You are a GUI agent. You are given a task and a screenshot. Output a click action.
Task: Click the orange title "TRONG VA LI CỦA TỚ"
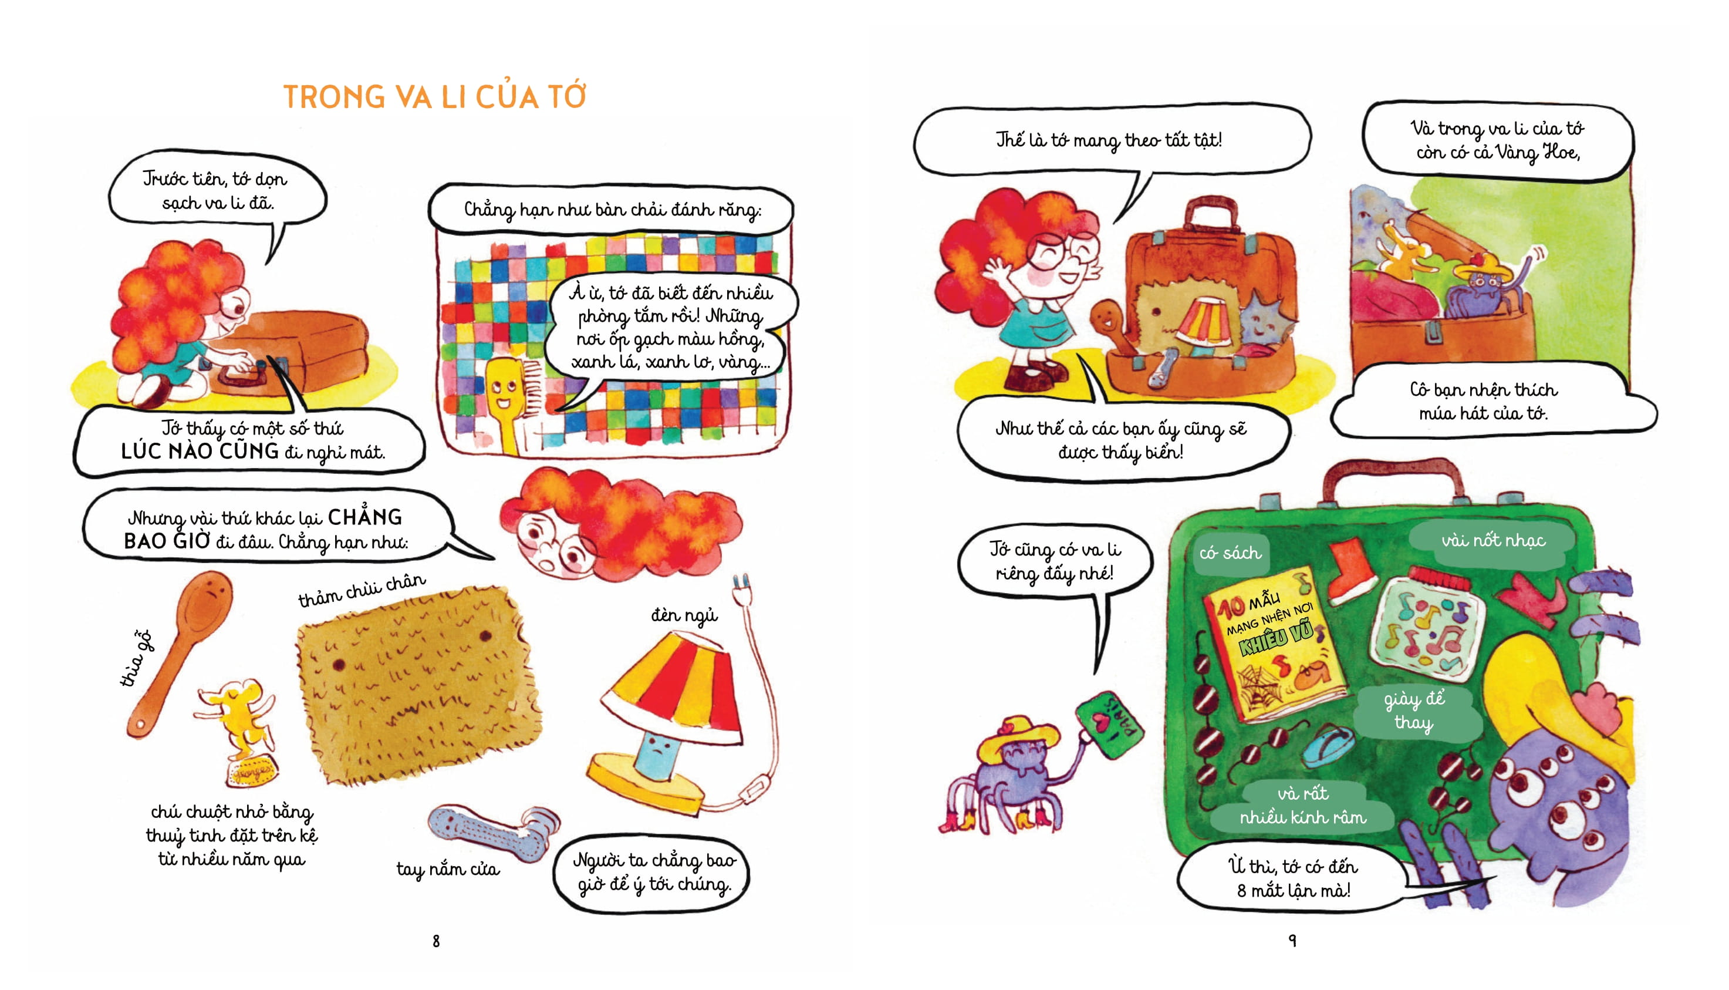(x=435, y=96)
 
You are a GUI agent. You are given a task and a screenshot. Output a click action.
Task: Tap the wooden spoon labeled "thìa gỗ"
(x=178, y=653)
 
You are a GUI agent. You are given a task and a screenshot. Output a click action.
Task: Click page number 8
(x=436, y=941)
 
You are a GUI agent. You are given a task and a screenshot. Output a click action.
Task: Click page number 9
(x=1293, y=940)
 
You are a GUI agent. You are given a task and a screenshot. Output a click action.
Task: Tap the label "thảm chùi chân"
(x=362, y=589)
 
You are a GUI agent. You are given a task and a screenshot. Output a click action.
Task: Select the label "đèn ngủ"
(x=684, y=615)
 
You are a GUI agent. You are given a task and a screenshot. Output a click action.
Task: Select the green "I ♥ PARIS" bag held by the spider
(x=1110, y=726)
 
